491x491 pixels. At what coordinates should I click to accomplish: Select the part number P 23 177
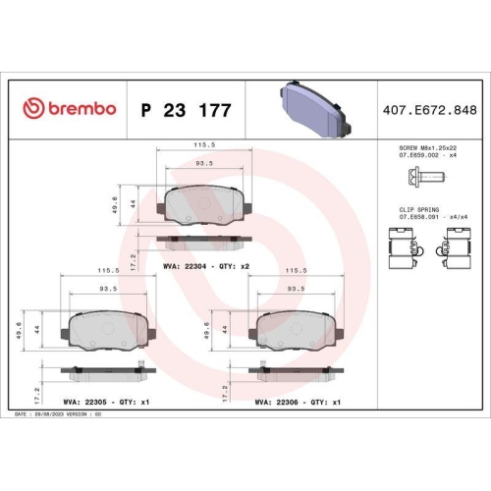tap(187, 110)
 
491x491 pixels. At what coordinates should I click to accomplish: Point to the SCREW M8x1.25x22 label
tap(428, 148)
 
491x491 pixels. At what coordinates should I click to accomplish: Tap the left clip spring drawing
tap(403, 245)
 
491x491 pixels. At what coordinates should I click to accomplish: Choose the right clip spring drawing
tap(459, 245)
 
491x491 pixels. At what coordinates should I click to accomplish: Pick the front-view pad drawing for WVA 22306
tap(297, 328)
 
